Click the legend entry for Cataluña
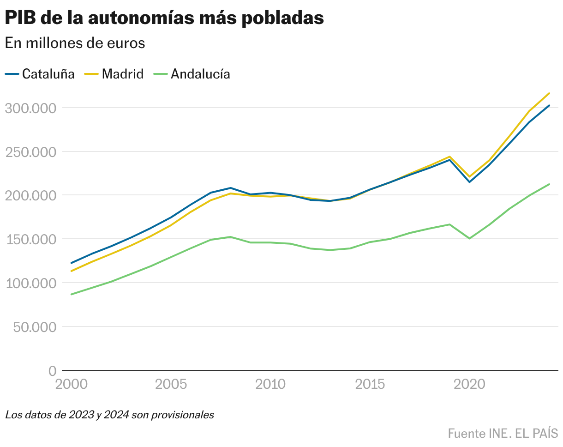(x=40, y=74)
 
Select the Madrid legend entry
(x=114, y=74)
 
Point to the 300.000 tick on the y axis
(x=30, y=108)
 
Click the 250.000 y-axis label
(x=30, y=152)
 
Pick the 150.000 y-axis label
(x=30, y=239)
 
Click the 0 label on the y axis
(x=52, y=371)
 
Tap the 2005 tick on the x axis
(x=171, y=384)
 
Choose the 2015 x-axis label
(x=370, y=384)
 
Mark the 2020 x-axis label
(x=469, y=384)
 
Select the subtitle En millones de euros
(x=75, y=43)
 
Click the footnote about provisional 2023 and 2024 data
(x=110, y=415)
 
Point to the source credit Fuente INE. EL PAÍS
(x=503, y=434)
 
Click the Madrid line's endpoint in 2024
(x=549, y=93)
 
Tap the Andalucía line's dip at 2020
(x=469, y=238)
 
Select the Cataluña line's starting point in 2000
(x=71, y=263)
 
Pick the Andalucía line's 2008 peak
(x=230, y=237)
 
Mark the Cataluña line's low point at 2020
(x=469, y=182)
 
